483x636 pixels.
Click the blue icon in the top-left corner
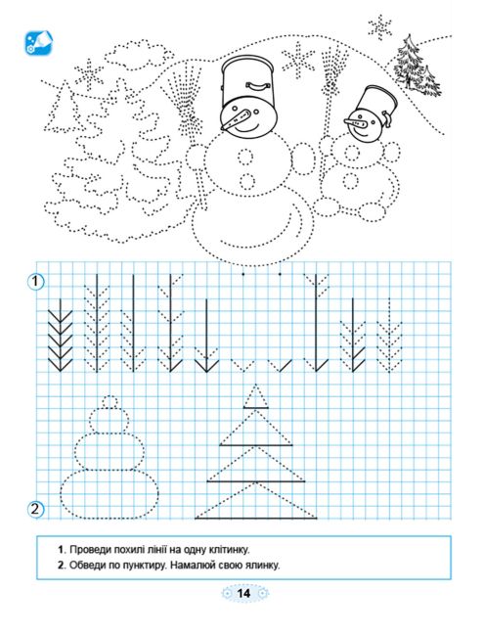pyautogui.click(x=38, y=42)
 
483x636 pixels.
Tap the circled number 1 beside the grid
pyautogui.click(x=35, y=281)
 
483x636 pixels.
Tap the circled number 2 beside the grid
pyautogui.click(x=35, y=508)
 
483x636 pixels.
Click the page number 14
pyautogui.click(x=243, y=593)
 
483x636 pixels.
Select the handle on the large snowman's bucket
pyautogui.click(x=257, y=85)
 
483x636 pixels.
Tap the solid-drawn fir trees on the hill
pyautogui.click(x=417, y=67)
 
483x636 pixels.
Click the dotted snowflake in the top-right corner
pyautogui.click(x=379, y=27)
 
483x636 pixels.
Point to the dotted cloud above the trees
pyautogui.click(x=137, y=54)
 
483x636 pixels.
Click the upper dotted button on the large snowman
pyautogui.click(x=245, y=157)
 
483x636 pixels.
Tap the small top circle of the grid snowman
pyautogui.click(x=110, y=402)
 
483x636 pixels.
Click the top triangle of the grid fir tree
pyautogui.click(x=256, y=397)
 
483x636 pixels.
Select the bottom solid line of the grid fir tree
pyautogui.click(x=256, y=519)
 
